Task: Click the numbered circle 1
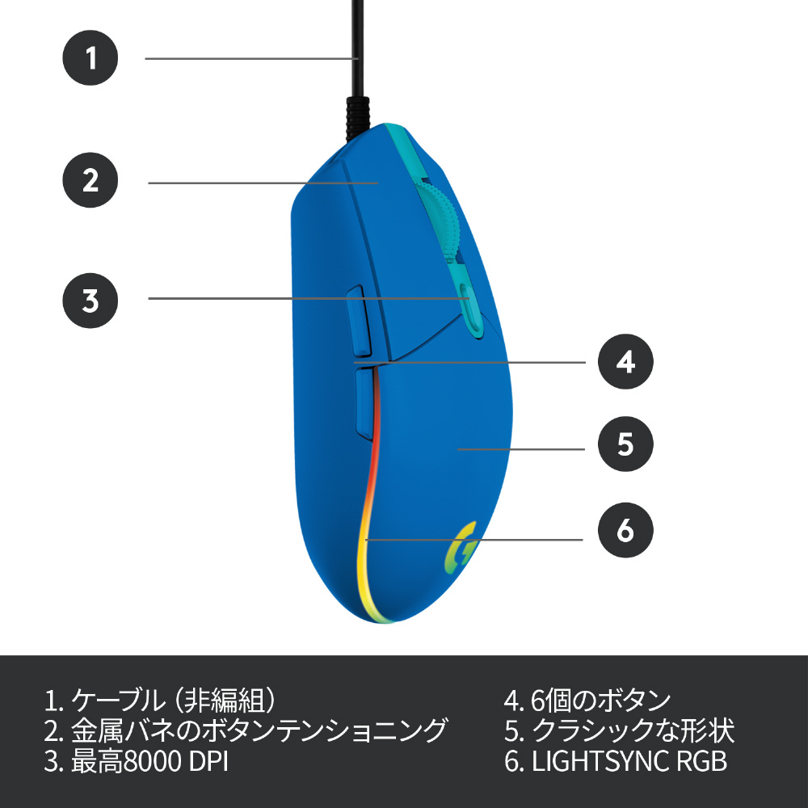pos(90,58)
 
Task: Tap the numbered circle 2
pos(90,179)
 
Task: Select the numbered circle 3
pos(90,300)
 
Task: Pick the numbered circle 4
pos(625,361)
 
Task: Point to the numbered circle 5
pos(625,444)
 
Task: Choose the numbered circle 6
pos(625,531)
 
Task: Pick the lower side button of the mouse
pos(364,402)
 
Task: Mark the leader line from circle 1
pos(250,58)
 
